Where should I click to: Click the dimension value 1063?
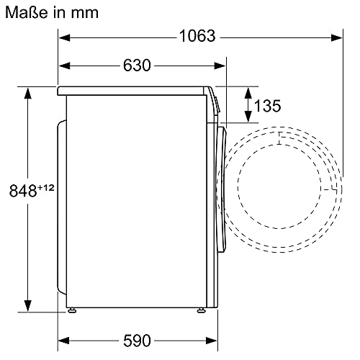[197, 36]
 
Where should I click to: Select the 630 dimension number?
[137, 65]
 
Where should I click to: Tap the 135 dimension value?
[267, 106]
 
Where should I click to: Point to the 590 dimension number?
[137, 341]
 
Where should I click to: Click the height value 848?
[23, 191]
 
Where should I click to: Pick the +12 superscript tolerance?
[45, 187]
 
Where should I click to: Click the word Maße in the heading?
[27, 12]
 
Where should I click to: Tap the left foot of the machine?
[72, 310]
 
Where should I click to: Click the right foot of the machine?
[201, 310]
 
